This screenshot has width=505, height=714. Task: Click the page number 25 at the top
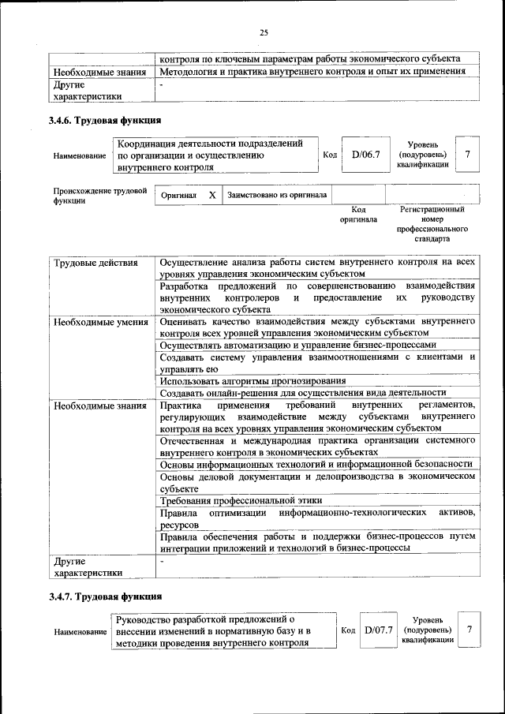point(264,32)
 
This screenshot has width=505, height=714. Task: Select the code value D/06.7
point(366,155)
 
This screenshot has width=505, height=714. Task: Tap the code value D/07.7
point(379,630)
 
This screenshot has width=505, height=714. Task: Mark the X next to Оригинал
point(212,194)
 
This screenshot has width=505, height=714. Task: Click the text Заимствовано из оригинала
point(277,194)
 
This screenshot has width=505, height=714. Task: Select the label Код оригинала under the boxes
point(357,215)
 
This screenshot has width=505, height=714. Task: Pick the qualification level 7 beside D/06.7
point(468,155)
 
